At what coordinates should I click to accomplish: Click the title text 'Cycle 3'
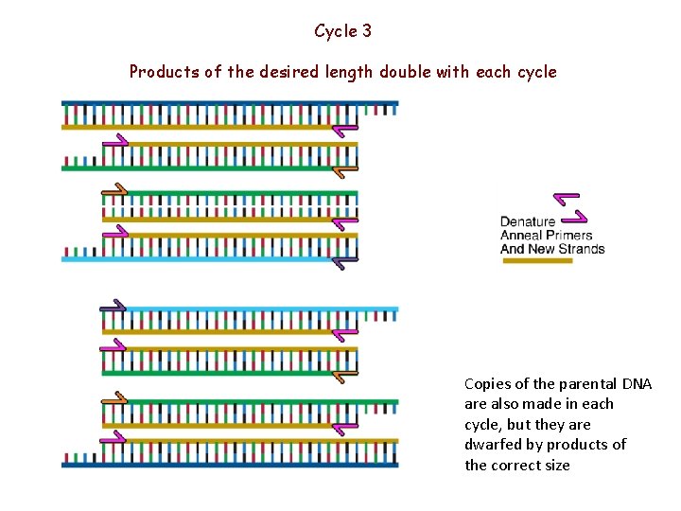point(342,31)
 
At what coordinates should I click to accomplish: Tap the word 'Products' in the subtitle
point(162,72)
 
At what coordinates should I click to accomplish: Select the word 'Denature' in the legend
point(528,221)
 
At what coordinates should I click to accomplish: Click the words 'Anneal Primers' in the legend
point(546,236)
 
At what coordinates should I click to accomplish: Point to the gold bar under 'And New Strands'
point(536,261)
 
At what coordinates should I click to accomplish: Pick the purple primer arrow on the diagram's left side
point(113,305)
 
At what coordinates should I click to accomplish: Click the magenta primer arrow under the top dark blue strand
point(346,128)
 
